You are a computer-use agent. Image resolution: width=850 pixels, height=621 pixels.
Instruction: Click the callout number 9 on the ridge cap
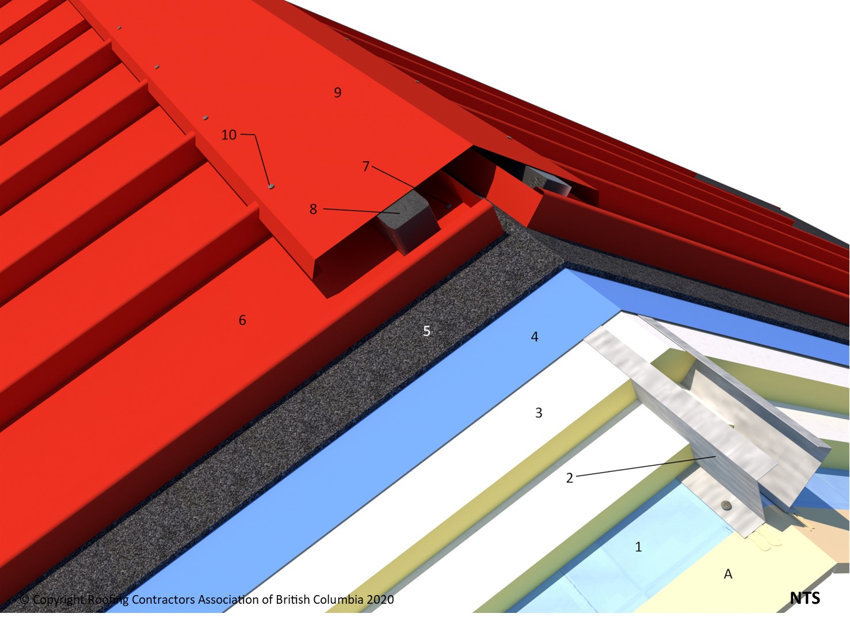point(338,92)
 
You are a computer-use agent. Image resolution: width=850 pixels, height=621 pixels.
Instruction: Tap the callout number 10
point(229,135)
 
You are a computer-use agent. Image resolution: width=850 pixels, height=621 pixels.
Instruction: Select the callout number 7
point(366,166)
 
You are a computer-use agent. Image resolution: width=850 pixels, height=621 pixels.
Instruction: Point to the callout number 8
point(313,209)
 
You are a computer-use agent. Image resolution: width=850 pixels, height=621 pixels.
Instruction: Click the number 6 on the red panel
point(242,320)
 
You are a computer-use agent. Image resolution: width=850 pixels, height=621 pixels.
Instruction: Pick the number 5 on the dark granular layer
point(426,331)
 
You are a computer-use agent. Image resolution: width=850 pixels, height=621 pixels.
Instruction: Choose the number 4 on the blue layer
point(535,337)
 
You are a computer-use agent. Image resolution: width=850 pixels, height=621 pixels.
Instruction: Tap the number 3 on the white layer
point(539,413)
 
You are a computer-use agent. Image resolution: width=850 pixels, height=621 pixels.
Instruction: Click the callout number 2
point(570,478)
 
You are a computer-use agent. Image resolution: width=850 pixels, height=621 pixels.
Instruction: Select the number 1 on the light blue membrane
point(638,546)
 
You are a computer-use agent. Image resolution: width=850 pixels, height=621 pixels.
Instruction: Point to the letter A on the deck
point(728,574)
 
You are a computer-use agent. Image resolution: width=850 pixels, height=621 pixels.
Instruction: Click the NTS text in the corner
point(805,598)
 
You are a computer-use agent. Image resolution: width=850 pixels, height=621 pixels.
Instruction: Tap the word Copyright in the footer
point(59,600)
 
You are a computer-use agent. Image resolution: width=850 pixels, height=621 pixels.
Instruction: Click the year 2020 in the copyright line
point(380,600)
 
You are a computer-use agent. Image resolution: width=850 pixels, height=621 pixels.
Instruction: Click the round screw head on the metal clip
point(726,505)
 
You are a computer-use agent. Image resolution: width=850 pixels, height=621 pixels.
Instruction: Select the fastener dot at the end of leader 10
point(270,186)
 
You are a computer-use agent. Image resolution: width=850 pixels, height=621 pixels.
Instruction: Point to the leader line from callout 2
point(645,466)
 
